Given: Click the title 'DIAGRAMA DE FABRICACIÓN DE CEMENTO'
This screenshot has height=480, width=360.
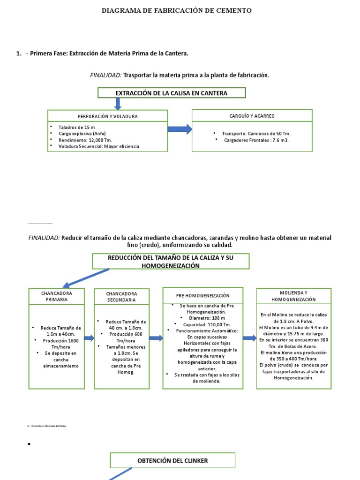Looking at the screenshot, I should tap(177, 10).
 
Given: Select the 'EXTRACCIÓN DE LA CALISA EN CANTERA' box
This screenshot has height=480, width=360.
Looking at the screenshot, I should tap(172, 93).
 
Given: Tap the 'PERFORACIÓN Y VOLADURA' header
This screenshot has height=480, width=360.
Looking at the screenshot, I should tap(107, 116).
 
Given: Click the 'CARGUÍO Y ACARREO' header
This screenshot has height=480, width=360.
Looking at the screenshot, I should tap(252, 115).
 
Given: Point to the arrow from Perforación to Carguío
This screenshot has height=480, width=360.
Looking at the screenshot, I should tap(180, 129).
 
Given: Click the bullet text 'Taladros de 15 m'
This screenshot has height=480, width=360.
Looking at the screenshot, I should tap(76, 127).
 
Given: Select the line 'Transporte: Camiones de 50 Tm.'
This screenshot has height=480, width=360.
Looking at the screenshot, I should tap(256, 133).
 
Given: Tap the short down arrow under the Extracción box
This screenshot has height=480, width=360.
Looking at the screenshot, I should tap(118, 104).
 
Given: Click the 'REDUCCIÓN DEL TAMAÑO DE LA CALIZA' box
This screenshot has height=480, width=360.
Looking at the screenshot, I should tap(171, 262).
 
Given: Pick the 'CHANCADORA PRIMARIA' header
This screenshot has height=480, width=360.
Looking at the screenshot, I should tap(56, 296).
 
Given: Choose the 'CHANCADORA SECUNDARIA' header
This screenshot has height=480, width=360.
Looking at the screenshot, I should tap(121, 297).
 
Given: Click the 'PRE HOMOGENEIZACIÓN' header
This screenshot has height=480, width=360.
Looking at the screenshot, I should tap(202, 296).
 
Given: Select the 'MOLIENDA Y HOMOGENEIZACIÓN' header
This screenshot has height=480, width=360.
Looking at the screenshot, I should tap(293, 296).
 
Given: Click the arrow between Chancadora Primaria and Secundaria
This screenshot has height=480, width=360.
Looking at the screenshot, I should tap(89, 338).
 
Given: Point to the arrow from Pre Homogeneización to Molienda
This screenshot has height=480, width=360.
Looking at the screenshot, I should tap(250, 338).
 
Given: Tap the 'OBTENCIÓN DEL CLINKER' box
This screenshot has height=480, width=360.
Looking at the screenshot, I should tap(172, 461).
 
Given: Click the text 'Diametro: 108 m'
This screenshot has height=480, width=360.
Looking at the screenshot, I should tap(202, 318).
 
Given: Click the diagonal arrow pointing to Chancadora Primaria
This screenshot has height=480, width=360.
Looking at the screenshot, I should tap(86, 277).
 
